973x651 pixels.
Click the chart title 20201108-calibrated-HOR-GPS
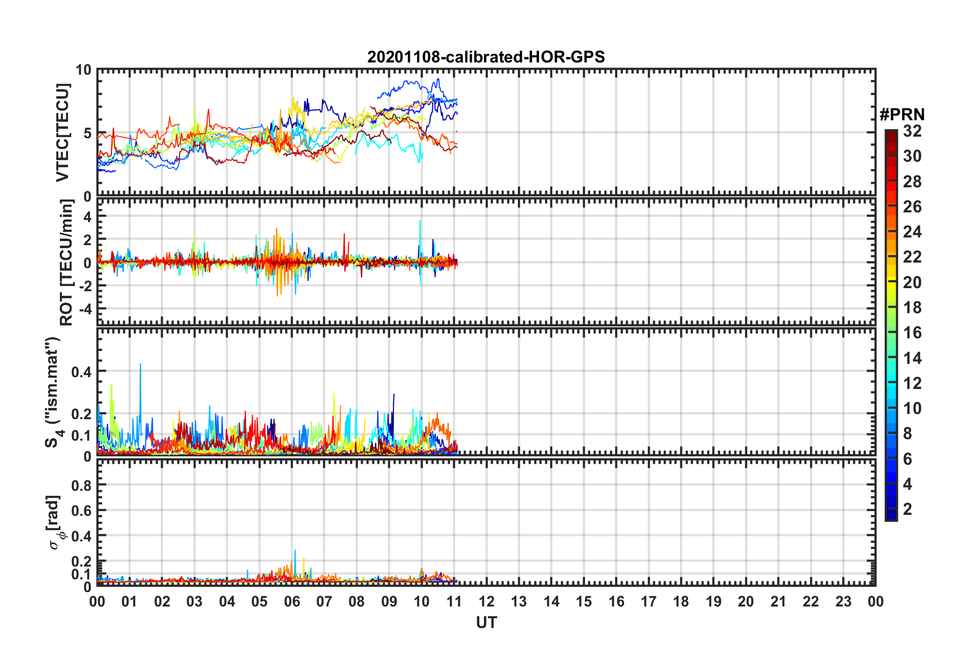click(486, 57)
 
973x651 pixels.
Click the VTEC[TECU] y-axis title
click(62, 133)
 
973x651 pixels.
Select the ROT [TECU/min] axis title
click(67, 263)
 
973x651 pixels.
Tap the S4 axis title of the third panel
click(53, 392)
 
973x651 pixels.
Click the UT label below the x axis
click(486, 622)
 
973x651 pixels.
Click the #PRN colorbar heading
click(902, 115)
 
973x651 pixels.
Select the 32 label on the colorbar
click(912, 132)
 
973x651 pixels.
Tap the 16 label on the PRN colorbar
click(912, 333)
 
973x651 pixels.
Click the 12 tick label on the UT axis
click(487, 601)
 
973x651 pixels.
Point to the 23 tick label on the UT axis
click(843, 601)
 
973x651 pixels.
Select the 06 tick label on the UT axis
click(292, 601)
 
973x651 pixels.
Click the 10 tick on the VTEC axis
click(83, 70)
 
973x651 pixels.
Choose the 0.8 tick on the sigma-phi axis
click(82, 485)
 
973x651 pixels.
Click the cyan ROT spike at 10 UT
click(420, 222)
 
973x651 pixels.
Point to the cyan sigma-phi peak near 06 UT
click(295, 551)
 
